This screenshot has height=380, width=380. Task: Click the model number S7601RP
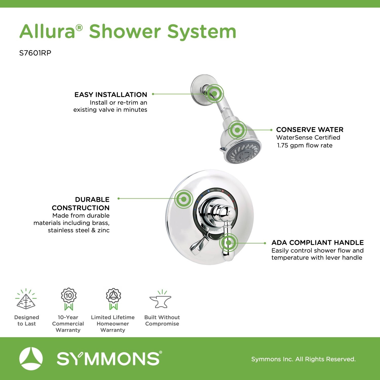click(x=35, y=53)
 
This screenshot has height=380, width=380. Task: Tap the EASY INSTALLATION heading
click(x=111, y=95)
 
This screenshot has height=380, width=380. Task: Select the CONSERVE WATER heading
click(x=310, y=130)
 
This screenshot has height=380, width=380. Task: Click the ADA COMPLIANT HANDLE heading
click(x=318, y=243)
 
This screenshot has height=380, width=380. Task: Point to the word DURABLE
click(x=92, y=200)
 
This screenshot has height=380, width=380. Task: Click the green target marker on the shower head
click(x=237, y=130)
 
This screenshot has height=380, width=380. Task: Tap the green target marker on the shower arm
click(x=214, y=93)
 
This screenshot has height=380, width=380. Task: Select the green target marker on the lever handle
click(x=229, y=243)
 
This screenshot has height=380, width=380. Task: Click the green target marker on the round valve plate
click(x=184, y=199)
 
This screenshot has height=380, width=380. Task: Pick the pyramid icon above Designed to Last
click(x=26, y=299)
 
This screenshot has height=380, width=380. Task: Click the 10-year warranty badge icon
click(x=69, y=299)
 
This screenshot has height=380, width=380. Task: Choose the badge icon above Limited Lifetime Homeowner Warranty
click(x=113, y=299)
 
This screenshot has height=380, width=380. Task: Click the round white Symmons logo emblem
click(x=31, y=359)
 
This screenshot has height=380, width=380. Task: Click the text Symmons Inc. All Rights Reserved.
click(x=303, y=359)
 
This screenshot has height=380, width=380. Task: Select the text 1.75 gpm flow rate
click(x=305, y=145)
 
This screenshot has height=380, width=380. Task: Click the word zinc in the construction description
click(x=104, y=230)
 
